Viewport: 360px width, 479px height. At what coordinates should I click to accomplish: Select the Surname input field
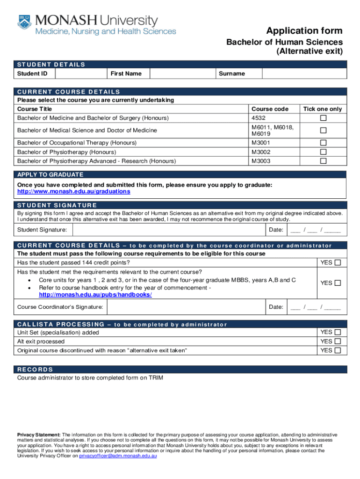pyautogui.click(x=304, y=73)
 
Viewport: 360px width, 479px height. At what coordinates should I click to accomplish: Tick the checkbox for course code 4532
pyautogui.click(x=323, y=118)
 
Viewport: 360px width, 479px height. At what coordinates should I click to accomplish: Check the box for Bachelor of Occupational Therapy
pyautogui.click(x=323, y=143)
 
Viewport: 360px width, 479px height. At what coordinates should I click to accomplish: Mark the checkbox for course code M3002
pyautogui.click(x=323, y=152)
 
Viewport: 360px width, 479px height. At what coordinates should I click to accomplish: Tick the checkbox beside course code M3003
pyautogui.click(x=323, y=161)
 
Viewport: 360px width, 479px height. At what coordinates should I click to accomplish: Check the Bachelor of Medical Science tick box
pyautogui.click(x=323, y=131)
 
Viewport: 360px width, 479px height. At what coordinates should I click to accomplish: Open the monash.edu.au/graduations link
pyautogui.click(x=74, y=192)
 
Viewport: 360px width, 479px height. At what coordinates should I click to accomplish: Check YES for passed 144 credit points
pyautogui.click(x=338, y=262)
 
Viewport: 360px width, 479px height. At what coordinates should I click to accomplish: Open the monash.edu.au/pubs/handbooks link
pyautogui.click(x=95, y=295)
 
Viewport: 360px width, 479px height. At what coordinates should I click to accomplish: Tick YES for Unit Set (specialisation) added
pyautogui.click(x=338, y=333)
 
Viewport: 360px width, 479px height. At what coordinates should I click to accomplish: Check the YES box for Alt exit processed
pyautogui.click(x=338, y=341)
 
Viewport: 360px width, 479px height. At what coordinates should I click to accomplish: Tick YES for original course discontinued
pyautogui.click(x=338, y=350)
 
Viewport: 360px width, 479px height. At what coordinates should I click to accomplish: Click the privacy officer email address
pyautogui.click(x=118, y=456)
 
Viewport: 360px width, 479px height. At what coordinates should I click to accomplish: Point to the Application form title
pyautogui.click(x=304, y=31)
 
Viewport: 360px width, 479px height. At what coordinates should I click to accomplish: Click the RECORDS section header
pyautogui.click(x=36, y=370)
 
